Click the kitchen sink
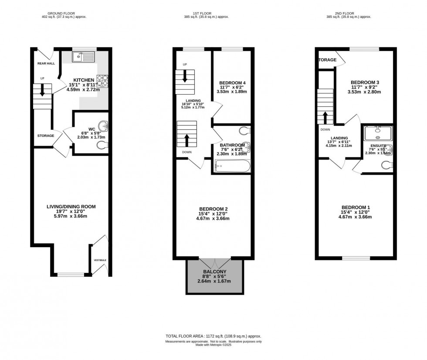(82, 56)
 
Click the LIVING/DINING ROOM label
(71, 207)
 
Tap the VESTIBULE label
(100, 260)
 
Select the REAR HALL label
(45, 63)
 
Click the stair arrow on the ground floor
(42, 89)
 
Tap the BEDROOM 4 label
(231, 83)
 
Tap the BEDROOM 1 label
(356, 207)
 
